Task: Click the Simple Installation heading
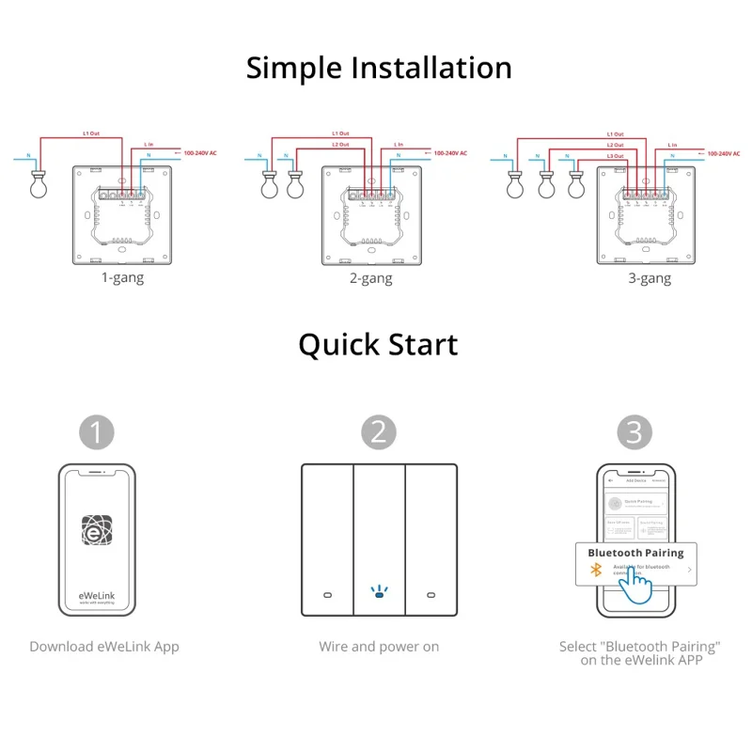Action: [379, 69]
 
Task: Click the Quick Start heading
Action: [378, 345]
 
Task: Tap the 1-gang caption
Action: [122, 278]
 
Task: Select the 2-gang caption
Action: [370, 278]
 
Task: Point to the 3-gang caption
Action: [650, 278]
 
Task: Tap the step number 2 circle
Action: [379, 432]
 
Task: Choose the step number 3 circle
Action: [634, 432]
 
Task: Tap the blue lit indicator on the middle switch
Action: [379, 593]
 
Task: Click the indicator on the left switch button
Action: [326, 595]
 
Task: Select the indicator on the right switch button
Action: [431, 595]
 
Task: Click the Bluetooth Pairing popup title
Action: [635, 553]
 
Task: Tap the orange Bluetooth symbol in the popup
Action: [595, 570]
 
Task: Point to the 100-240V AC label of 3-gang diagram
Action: [725, 152]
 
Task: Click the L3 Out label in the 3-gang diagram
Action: [615, 155]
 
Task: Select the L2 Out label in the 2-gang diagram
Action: [343, 145]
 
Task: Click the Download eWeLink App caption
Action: [104, 647]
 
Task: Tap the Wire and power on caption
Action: [379, 647]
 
